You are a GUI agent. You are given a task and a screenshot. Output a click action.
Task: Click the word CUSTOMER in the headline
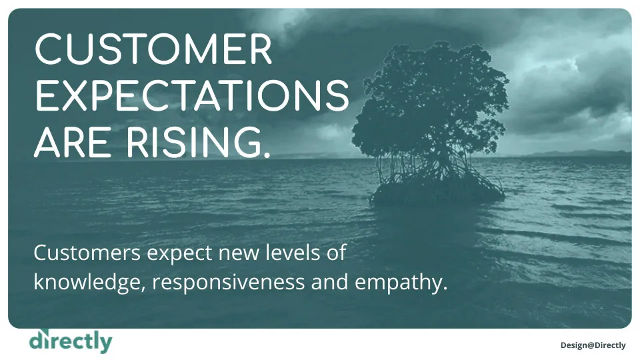pyautogui.click(x=153, y=49)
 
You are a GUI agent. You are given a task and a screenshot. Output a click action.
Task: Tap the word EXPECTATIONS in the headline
pyautogui.click(x=192, y=95)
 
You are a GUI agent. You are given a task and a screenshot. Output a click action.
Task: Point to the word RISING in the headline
pyautogui.click(x=190, y=141)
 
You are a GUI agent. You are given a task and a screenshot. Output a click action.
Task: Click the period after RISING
pyautogui.click(x=267, y=154)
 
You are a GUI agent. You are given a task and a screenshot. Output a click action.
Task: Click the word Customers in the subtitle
pyautogui.click(x=87, y=253)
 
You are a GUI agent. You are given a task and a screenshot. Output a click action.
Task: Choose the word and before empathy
pyautogui.click(x=330, y=282)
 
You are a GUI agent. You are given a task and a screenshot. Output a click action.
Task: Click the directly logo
pyautogui.click(x=71, y=341)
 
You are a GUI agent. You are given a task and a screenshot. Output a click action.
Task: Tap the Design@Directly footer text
pyautogui.click(x=593, y=345)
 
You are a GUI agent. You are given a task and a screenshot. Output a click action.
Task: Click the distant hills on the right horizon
pyautogui.click(x=579, y=153)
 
